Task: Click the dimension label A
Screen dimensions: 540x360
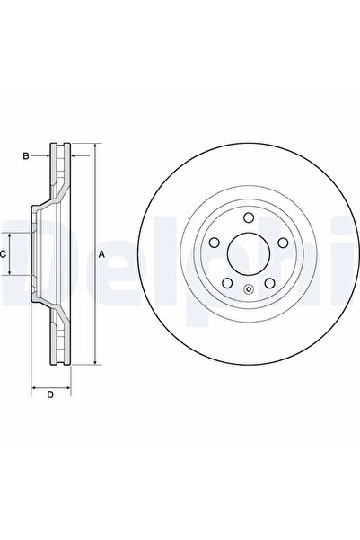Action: [x=101, y=254]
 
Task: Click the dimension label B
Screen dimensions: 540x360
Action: [x=26, y=156]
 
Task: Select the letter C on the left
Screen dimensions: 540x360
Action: [x=4, y=254]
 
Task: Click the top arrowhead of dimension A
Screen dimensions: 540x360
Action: [x=92, y=146]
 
